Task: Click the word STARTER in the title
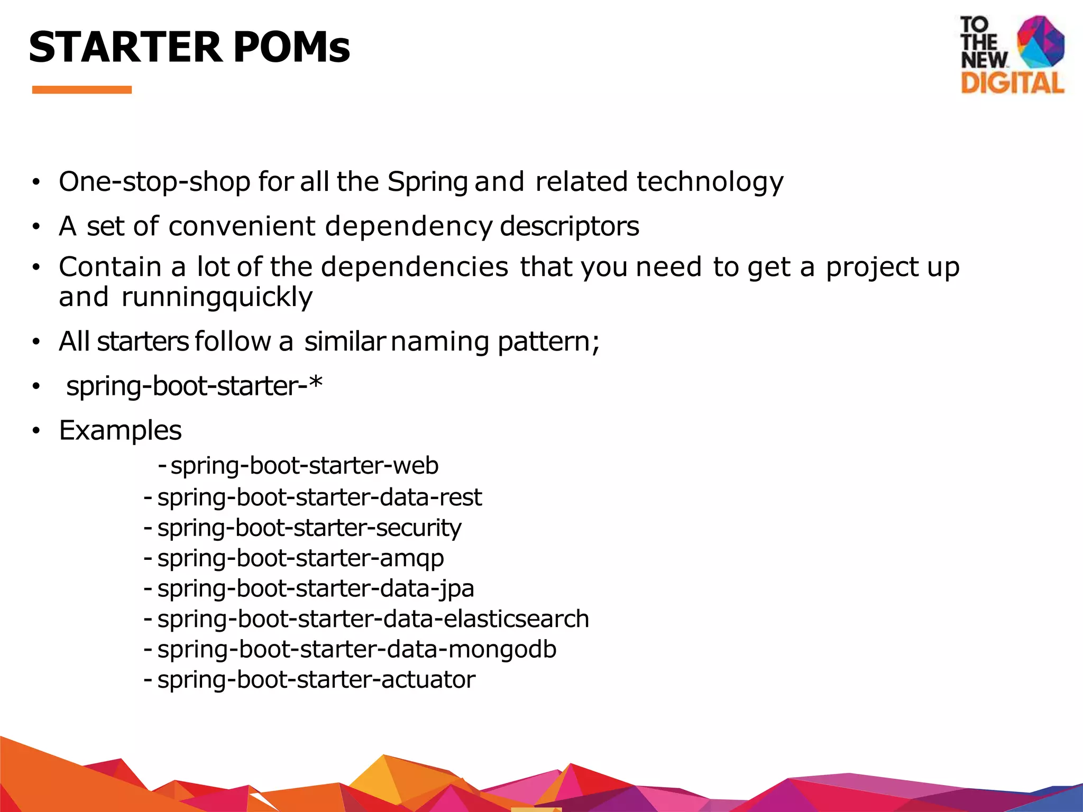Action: [125, 47]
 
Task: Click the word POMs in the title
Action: [291, 47]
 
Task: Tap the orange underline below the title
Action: [82, 90]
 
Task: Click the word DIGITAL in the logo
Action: [1012, 84]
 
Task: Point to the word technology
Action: [710, 182]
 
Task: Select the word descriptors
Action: [569, 227]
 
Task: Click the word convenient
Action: [242, 227]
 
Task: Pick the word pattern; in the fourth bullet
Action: [548, 342]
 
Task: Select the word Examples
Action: [121, 430]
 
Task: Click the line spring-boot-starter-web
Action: [305, 466]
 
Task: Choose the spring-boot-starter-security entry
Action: [309, 528]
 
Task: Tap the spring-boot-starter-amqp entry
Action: [300, 558]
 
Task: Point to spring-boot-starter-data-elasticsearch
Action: [373, 619]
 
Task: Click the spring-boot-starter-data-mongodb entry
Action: [357, 649]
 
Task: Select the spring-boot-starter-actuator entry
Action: [316, 680]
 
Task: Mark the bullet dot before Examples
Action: [35, 431]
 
